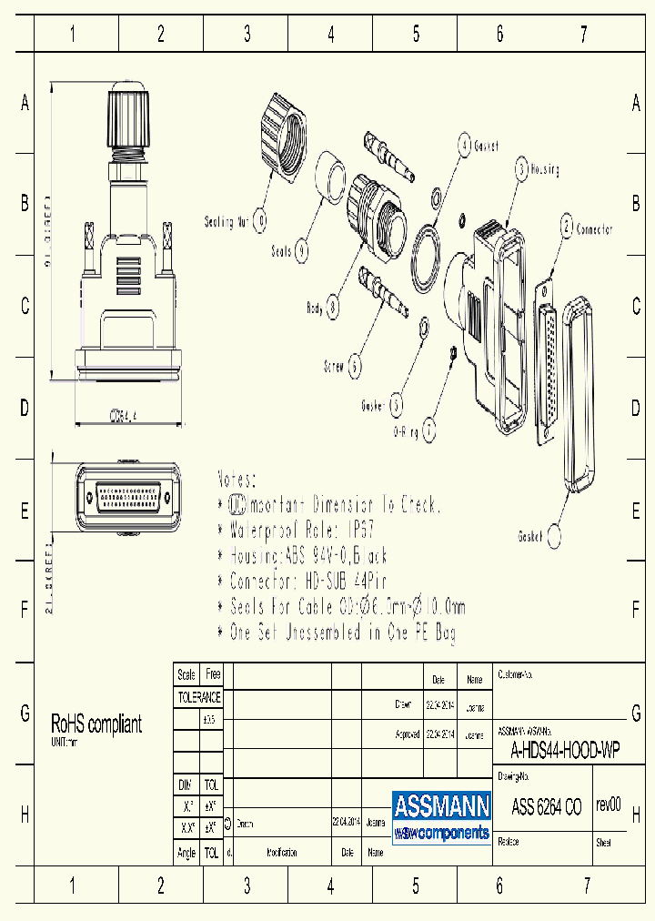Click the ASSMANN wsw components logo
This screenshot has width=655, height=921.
[441, 816]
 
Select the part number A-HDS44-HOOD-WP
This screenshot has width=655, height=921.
[565, 751]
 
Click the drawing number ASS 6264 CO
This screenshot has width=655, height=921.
[546, 806]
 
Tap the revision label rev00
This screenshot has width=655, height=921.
[608, 805]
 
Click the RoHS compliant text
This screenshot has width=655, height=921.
[96, 724]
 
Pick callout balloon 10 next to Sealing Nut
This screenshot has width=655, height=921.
[261, 219]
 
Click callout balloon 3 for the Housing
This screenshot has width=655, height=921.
[521, 167]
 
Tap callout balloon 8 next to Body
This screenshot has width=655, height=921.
[333, 309]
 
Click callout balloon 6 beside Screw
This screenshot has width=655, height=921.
[355, 366]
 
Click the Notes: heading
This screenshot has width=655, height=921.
[237, 479]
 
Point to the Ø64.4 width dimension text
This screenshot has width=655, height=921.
[123, 415]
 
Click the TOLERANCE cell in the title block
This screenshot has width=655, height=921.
[198, 697]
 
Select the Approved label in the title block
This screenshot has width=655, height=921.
[406, 734]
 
